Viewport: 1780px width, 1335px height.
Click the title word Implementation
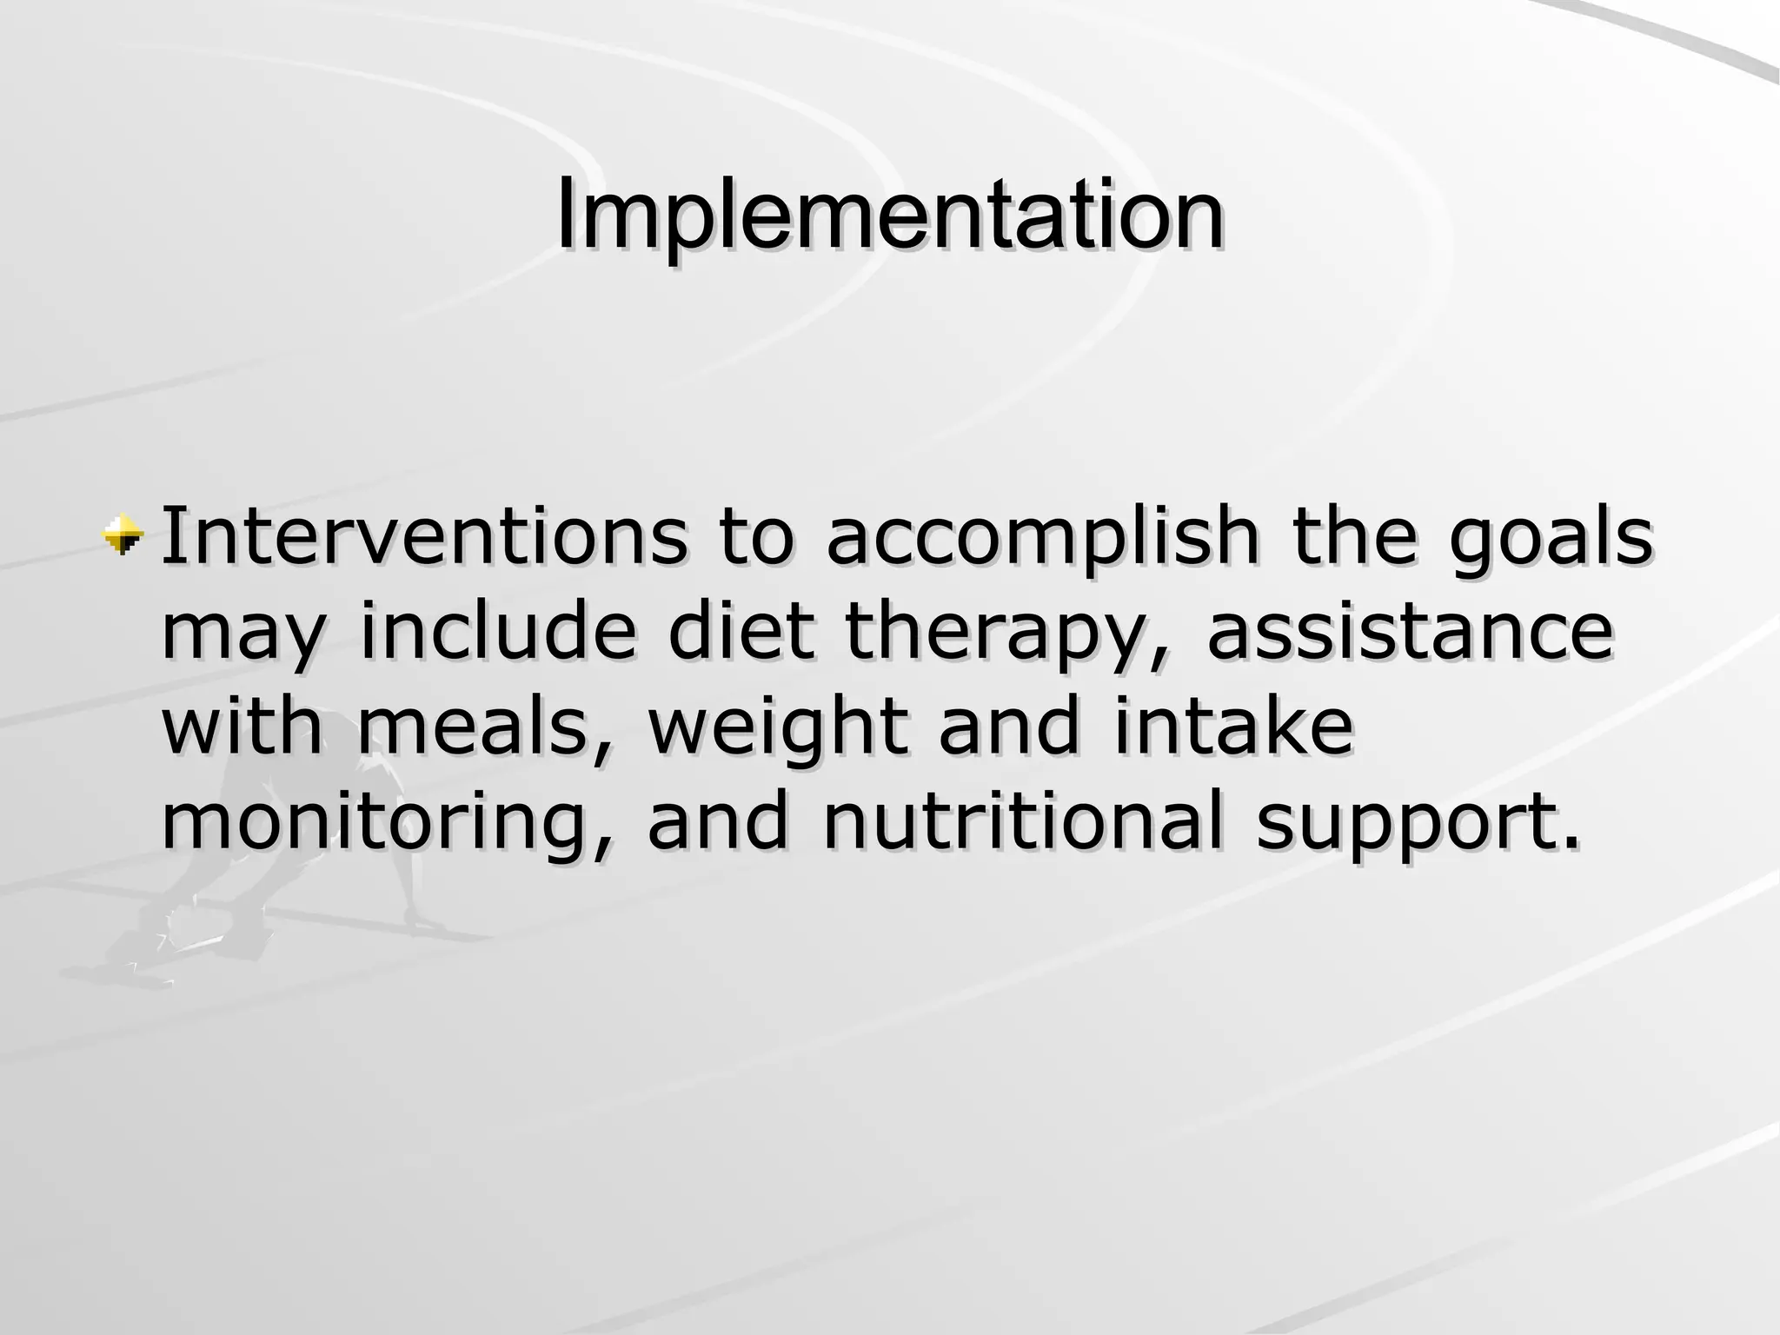[x=890, y=216]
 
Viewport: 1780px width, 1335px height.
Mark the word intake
[x=1232, y=727]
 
